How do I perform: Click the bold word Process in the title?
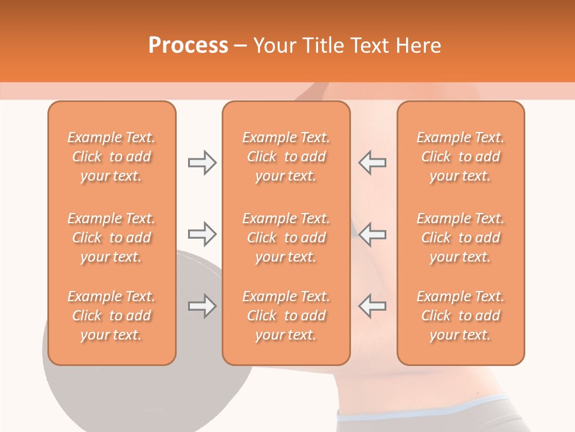pyautogui.click(x=188, y=46)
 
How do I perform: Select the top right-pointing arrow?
pyautogui.click(x=202, y=163)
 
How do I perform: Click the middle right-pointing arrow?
pyautogui.click(x=202, y=234)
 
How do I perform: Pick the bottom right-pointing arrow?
pyautogui.click(x=202, y=306)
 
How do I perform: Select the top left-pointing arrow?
pyautogui.click(x=372, y=163)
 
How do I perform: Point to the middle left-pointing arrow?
pyautogui.click(x=372, y=234)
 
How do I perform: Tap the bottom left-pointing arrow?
pyautogui.click(x=372, y=306)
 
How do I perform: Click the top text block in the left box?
pyautogui.click(x=111, y=157)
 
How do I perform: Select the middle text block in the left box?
pyautogui.click(x=111, y=238)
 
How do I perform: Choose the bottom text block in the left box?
pyautogui.click(x=111, y=316)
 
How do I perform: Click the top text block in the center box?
pyautogui.click(x=286, y=157)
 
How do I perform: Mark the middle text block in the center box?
pyautogui.click(x=286, y=238)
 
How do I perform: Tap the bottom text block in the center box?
pyautogui.click(x=286, y=316)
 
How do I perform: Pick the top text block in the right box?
pyautogui.click(x=461, y=157)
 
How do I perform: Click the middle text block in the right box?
pyautogui.click(x=461, y=238)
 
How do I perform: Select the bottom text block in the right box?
pyautogui.click(x=461, y=316)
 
